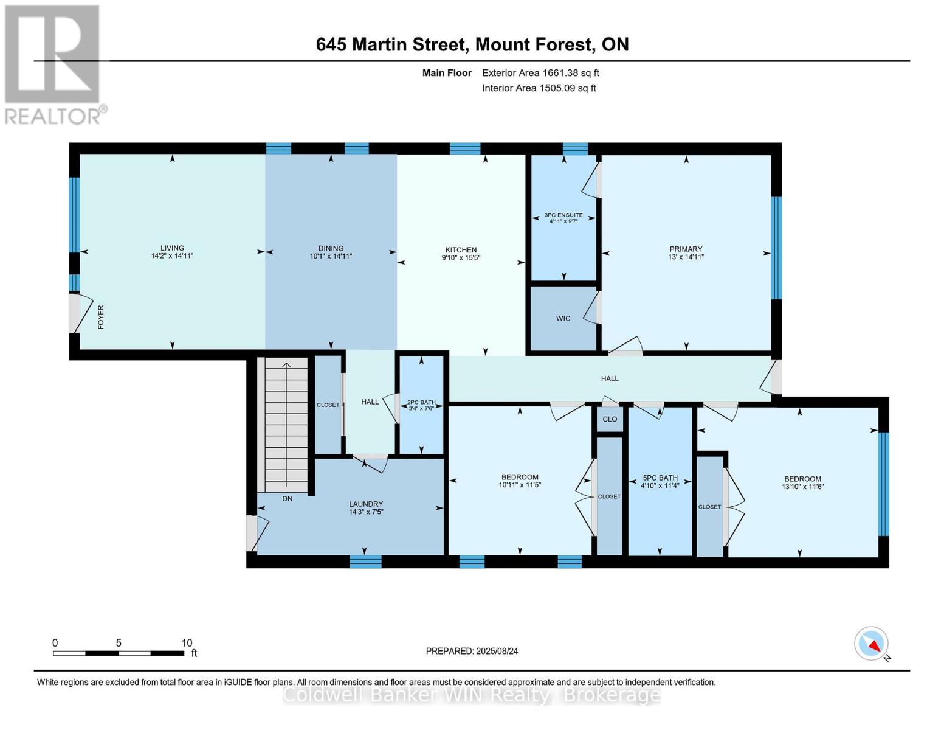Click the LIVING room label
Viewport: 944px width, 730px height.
(172, 248)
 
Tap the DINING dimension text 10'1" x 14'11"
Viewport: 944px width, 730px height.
(331, 256)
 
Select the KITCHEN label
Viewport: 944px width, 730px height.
(461, 249)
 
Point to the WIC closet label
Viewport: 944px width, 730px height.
(563, 318)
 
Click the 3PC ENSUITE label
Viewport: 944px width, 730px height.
(563, 215)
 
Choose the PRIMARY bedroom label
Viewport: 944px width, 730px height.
(686, 249)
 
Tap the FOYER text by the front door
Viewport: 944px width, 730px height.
(101, 317)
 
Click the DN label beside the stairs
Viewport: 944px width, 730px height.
(287, 499)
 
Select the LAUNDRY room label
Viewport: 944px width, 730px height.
(366, 504)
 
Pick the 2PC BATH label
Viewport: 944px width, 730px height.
(421, 402)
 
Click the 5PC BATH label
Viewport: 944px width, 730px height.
(660, 478)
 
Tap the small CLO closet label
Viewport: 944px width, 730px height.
(610, 419)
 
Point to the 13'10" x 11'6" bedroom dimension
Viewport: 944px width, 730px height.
(802, 487)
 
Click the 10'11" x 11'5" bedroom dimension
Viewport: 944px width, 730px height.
(520, 484)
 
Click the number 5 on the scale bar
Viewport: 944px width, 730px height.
(118, 643)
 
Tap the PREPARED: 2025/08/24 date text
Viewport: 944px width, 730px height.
(472, 651)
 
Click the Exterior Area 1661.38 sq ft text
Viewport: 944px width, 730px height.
(540, 73)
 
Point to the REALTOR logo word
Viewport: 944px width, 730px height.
(53, 117)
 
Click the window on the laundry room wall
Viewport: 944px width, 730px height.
(365, 561)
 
